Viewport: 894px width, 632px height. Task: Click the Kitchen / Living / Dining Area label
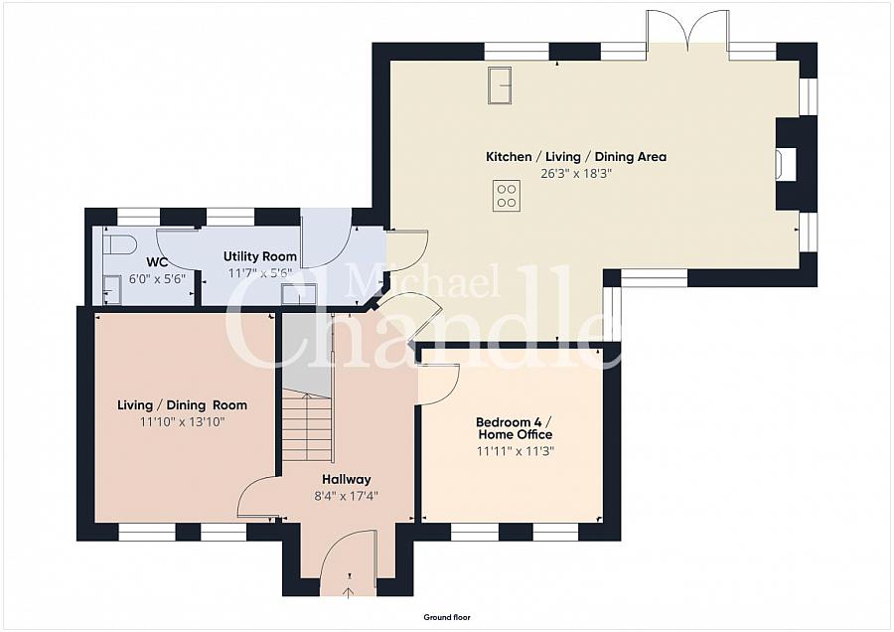coord(576,157)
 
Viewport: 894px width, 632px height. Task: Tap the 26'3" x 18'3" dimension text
coord(576,174)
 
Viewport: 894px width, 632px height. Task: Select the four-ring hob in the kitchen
coord(507,196)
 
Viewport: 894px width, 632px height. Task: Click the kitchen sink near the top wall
coord(500,85)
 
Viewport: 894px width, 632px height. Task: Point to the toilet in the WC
coord(119,244)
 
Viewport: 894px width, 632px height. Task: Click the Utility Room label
coord(260,256)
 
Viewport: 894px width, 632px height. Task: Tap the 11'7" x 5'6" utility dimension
coord(260,273)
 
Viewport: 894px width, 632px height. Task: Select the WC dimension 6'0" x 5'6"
coord(157,279)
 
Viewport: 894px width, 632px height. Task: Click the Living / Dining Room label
coord(183,405)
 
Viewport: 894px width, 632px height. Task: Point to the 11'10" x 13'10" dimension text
coord(183,422)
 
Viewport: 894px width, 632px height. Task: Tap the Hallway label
coord(347,480)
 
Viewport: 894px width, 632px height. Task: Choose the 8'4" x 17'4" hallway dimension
coord(347,496)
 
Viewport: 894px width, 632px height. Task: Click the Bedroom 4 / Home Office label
coord(515,428)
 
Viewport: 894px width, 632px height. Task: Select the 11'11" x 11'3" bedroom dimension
coord(516,451)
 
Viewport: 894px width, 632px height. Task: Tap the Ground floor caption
coord(447,617)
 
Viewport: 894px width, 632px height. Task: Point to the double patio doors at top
coord(688,29)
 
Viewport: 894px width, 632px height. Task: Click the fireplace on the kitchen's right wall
coord(786,164)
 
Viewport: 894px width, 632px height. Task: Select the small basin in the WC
coord(111,290)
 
